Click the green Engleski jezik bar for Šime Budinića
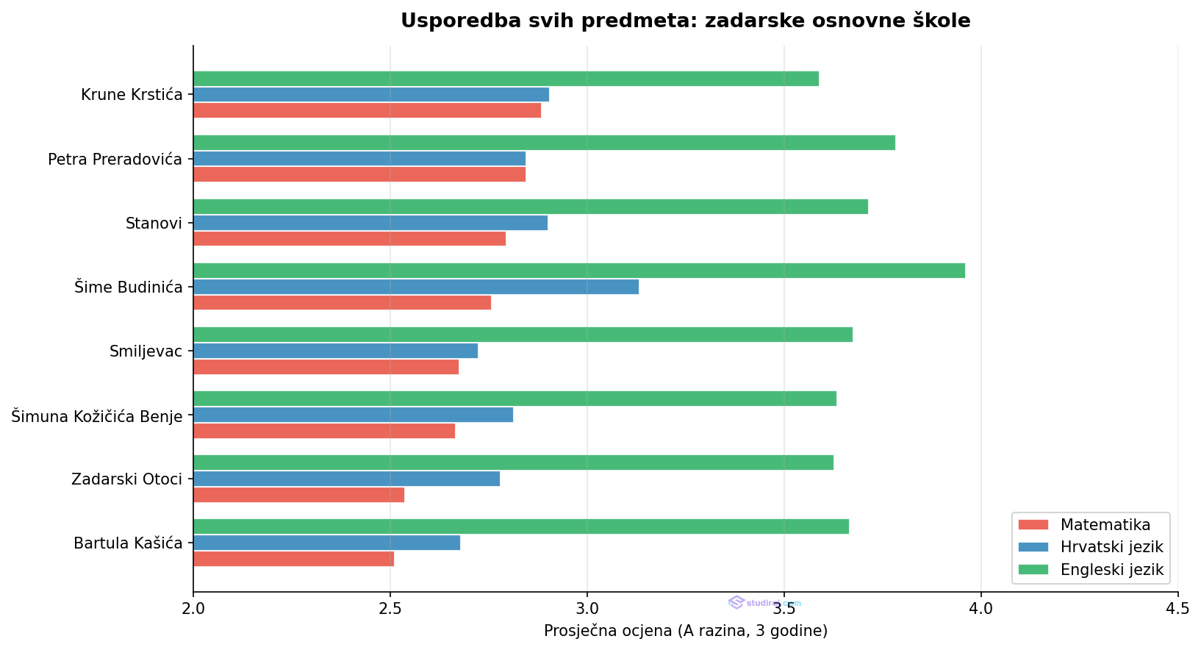point(579,271)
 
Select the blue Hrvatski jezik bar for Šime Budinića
point(416,287)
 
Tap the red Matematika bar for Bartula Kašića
point(293,559)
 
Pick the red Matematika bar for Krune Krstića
point(367,110)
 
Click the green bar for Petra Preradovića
point(544,143)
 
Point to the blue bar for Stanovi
point(370,223)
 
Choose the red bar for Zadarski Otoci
point(298,495)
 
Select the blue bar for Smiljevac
point(335,351)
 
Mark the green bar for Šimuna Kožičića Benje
point(515,399)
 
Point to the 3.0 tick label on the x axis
point(587,609)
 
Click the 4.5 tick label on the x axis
point(1177,609)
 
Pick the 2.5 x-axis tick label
point(390,609)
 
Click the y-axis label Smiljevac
point(146,351)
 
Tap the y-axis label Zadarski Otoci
point(126,479)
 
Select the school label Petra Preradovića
point(115,159)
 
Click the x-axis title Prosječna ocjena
point(685,631)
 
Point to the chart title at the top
point(685,21)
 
